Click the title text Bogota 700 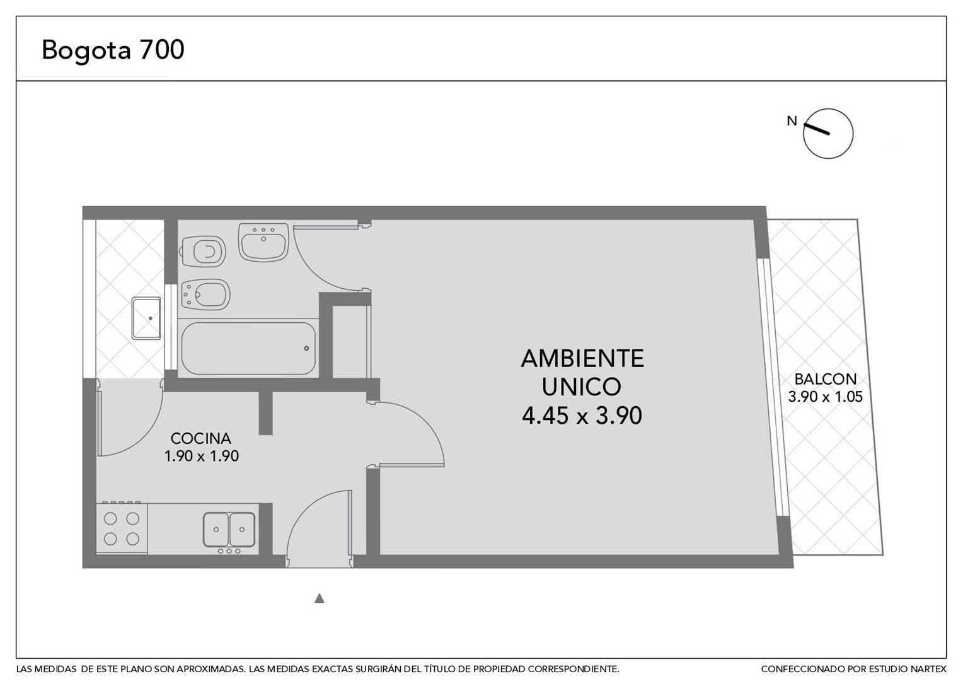113,49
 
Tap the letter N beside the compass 792,121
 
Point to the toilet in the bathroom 204,251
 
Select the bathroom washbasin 263,242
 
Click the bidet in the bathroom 205,294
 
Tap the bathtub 248,349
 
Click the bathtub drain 306,349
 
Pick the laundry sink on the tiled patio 146,318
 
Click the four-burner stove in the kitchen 122,528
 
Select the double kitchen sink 229,530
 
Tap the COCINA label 201,438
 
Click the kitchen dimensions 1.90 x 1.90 202,456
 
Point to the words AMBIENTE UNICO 582,372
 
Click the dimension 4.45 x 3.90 582,416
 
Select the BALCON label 826,379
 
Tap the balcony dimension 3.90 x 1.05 826,397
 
